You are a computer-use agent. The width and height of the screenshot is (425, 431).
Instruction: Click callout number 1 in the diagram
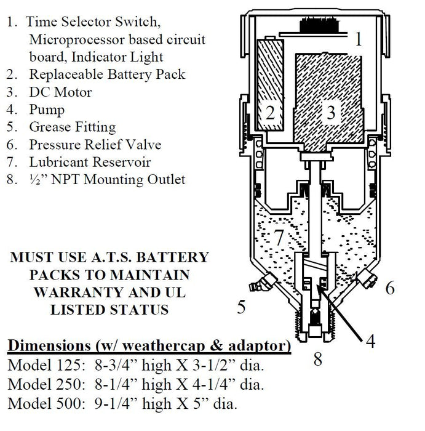click(359, 40)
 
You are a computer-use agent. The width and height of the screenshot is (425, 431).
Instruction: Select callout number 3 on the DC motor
click(331, 112)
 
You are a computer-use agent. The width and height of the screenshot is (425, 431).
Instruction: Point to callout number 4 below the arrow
click(370, 339)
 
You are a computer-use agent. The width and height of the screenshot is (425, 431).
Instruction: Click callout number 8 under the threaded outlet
click(318, 359)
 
